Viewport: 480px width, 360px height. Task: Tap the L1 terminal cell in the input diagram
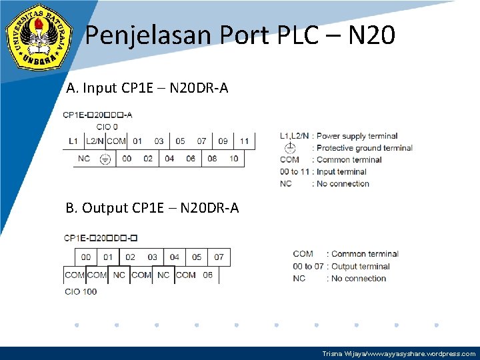tap(73, 141)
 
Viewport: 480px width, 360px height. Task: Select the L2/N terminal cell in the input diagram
tap(95, 141)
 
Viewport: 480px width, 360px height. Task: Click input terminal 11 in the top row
tap(244, 141)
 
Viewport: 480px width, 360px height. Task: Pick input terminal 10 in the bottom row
tap(233, 159)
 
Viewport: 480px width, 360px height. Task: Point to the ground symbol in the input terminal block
tap(105, 159)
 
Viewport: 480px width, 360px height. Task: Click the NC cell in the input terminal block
tap(84, 159)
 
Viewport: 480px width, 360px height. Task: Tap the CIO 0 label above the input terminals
tap(107, 127)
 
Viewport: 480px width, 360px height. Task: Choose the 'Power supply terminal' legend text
tap(357, 136)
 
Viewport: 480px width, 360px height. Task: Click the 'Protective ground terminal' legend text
tap(364, 148)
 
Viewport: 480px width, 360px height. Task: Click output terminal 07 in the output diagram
tap(219, 257)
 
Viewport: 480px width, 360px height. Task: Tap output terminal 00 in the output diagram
tap(86, 257)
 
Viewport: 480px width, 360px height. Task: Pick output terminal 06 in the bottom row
tap(208, 275)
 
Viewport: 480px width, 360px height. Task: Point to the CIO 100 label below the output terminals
tap(81, 291)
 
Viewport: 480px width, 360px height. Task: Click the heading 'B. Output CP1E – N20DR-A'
tap(152, 208)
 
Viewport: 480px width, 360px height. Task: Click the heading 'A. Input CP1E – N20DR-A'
tap(147, 87)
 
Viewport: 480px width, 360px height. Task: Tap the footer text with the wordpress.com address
tap(399, 354)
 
